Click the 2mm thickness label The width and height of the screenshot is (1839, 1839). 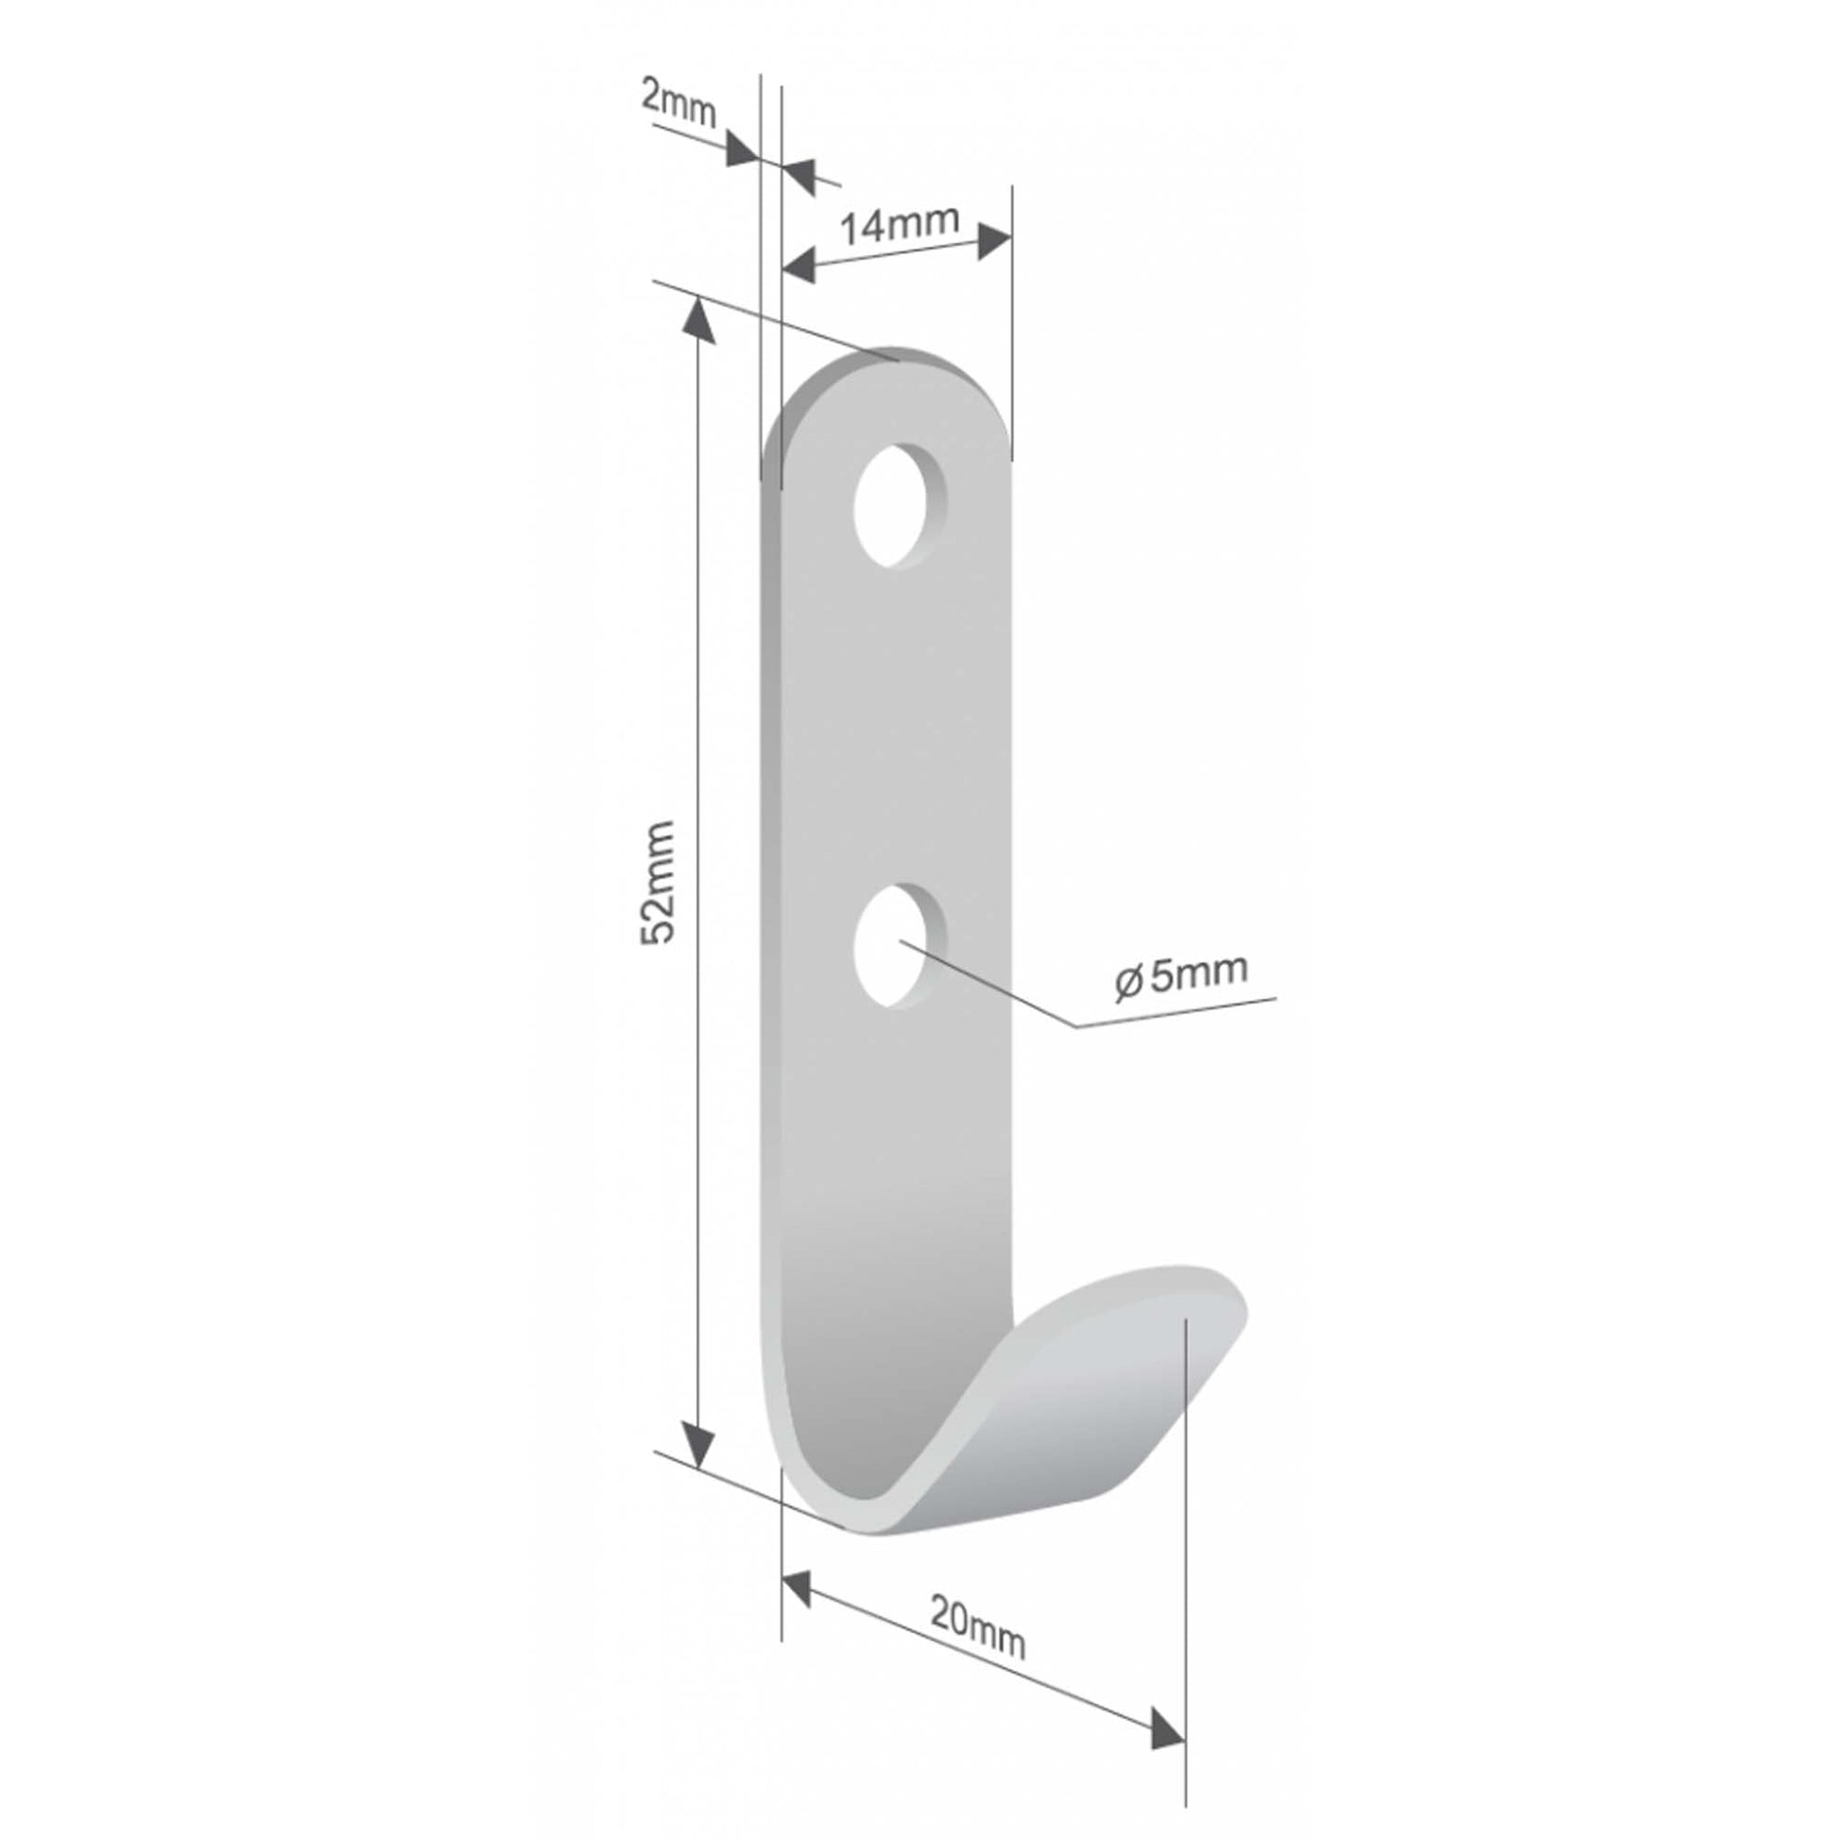click(x=678, y=105)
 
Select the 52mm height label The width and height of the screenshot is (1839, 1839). click(x=658, y=882)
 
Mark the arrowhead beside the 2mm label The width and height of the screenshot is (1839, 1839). click(x=743, y=150)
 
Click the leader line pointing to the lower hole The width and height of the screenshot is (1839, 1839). click(x=1000, y=990)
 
